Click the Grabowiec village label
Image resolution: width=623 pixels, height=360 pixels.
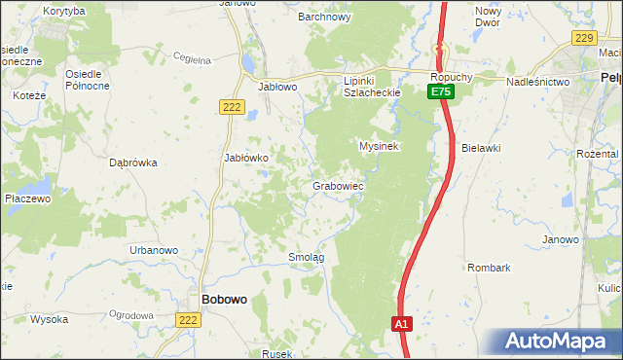tap(338, 185)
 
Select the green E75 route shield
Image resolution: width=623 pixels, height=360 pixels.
tap(441, 91)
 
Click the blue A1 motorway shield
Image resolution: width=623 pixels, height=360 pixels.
tap(403, 324)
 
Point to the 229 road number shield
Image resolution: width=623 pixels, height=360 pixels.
tap(583, 37)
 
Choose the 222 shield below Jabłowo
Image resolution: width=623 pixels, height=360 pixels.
tap(231, 107)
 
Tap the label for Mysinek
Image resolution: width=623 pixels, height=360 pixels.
tap(380, 146)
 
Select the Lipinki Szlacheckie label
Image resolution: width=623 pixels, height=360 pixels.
tap(372, 87)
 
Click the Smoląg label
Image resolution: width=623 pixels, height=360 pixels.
tap(306, 257)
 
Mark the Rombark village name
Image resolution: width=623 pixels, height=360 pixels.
tap(489, 267)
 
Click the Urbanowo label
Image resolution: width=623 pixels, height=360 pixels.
tap(154, 250)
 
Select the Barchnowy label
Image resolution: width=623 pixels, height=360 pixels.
tap(323, 17)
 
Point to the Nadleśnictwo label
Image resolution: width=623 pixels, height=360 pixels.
tap(537, 83)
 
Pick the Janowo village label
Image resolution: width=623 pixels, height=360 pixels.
tap(561, 239)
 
